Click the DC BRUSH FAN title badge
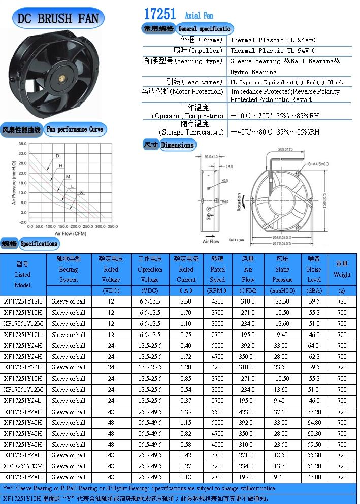(58, 19)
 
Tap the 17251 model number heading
(160, 14)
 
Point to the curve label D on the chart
(57, 156)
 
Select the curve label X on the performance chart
(81, 193)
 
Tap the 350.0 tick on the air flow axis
(112, 226)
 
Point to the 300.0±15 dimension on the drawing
(288, 149)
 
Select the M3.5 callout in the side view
(224, 180)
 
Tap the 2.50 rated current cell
(186, 301)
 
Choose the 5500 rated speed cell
(217, 412)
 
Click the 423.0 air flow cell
(248, 412)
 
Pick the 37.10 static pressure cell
(282, 412)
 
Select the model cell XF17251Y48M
(23, 466)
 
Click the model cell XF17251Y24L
(23, 400)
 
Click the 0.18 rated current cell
(186, 477)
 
